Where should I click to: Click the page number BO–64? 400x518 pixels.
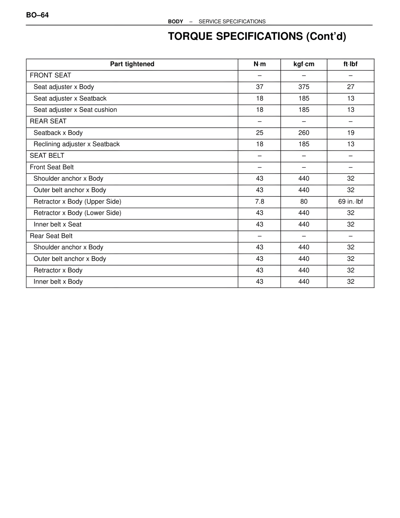[37, 15]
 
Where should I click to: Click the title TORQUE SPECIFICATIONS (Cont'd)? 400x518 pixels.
[257, 37]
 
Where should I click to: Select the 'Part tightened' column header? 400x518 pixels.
[132, 64]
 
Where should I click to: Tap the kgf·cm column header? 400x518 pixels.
[304, 64]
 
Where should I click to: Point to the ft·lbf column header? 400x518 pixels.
[350, 64]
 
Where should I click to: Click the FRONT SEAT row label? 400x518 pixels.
[50, 75]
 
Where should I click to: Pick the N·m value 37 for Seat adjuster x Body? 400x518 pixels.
[259, 87]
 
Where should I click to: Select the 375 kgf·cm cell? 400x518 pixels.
[304, 87]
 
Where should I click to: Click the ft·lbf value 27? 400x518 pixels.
[351, 87]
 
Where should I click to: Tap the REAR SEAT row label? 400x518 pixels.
[48, 121]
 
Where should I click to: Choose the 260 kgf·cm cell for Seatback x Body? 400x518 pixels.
[304, 133]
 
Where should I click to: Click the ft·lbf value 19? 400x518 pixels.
[351, 133]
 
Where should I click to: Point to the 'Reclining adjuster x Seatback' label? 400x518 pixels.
[77, 144]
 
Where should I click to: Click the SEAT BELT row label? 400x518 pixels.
[47, 156]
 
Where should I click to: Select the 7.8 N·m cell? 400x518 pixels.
[259, 202]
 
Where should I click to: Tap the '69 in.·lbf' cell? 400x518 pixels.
[351, 202]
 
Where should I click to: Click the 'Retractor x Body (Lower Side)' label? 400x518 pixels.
[77, 213]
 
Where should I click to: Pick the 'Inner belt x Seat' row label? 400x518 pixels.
[57, 225]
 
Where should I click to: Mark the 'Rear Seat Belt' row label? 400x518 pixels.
[51, 236]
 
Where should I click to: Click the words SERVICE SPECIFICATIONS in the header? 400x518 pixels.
[232, 22]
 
